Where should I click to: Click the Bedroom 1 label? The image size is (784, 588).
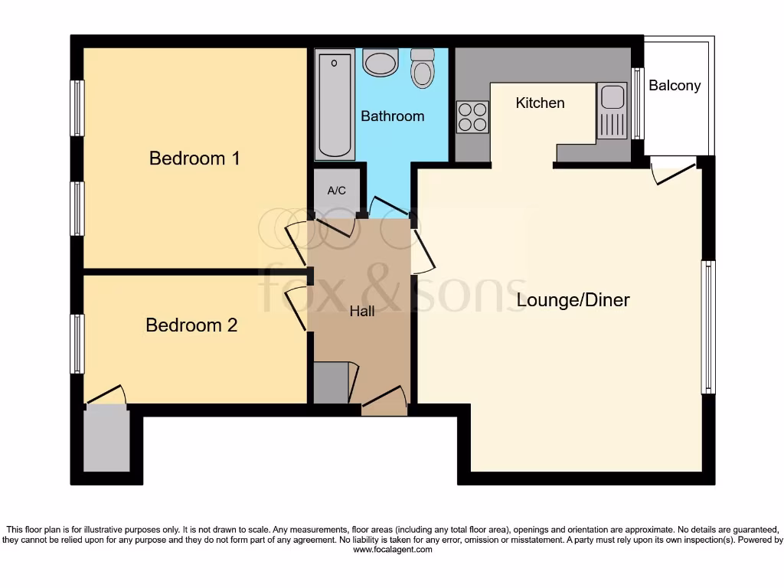pyautogui.click(x=194, y=158)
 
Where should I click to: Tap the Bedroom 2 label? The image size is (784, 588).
pyautogui.click(x=191, y=325)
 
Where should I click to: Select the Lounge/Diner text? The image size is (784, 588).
pyautogui.click(x=573, y=300)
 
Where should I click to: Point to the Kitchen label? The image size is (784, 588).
pyautogui.click(x=540, y=103)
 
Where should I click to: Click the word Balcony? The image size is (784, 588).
pyautogui.click(x=675, y=86)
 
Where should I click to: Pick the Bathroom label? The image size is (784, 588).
pyautogui.click(x=392, y=116)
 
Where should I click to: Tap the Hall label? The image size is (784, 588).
pyautogui.click(x=362, y=312)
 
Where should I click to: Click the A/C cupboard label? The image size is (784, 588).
pyautogui.click(x=337, y=191)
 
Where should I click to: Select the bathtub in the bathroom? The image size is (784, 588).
pyautogui.click(x=335, y=104)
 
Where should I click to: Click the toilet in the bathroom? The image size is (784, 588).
pyautogui.click(x=422, y=69)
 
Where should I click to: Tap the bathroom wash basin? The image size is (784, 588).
pyautogui.click(x=380, y=63)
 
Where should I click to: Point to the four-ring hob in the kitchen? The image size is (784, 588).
pyautogui.click(x=472, y=117)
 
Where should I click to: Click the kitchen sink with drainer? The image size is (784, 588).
pyautogui.click(x=612, y=112)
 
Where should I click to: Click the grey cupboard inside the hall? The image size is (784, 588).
pyautogui.click(x=331, y=383)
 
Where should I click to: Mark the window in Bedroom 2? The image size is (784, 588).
pyautogui.click(x=77, y=344)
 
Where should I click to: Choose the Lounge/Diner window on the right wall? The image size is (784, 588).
pyautogui.click(x=708, y=327)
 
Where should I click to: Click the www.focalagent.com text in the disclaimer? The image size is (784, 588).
pyautogui.click(x=392, y=550)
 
